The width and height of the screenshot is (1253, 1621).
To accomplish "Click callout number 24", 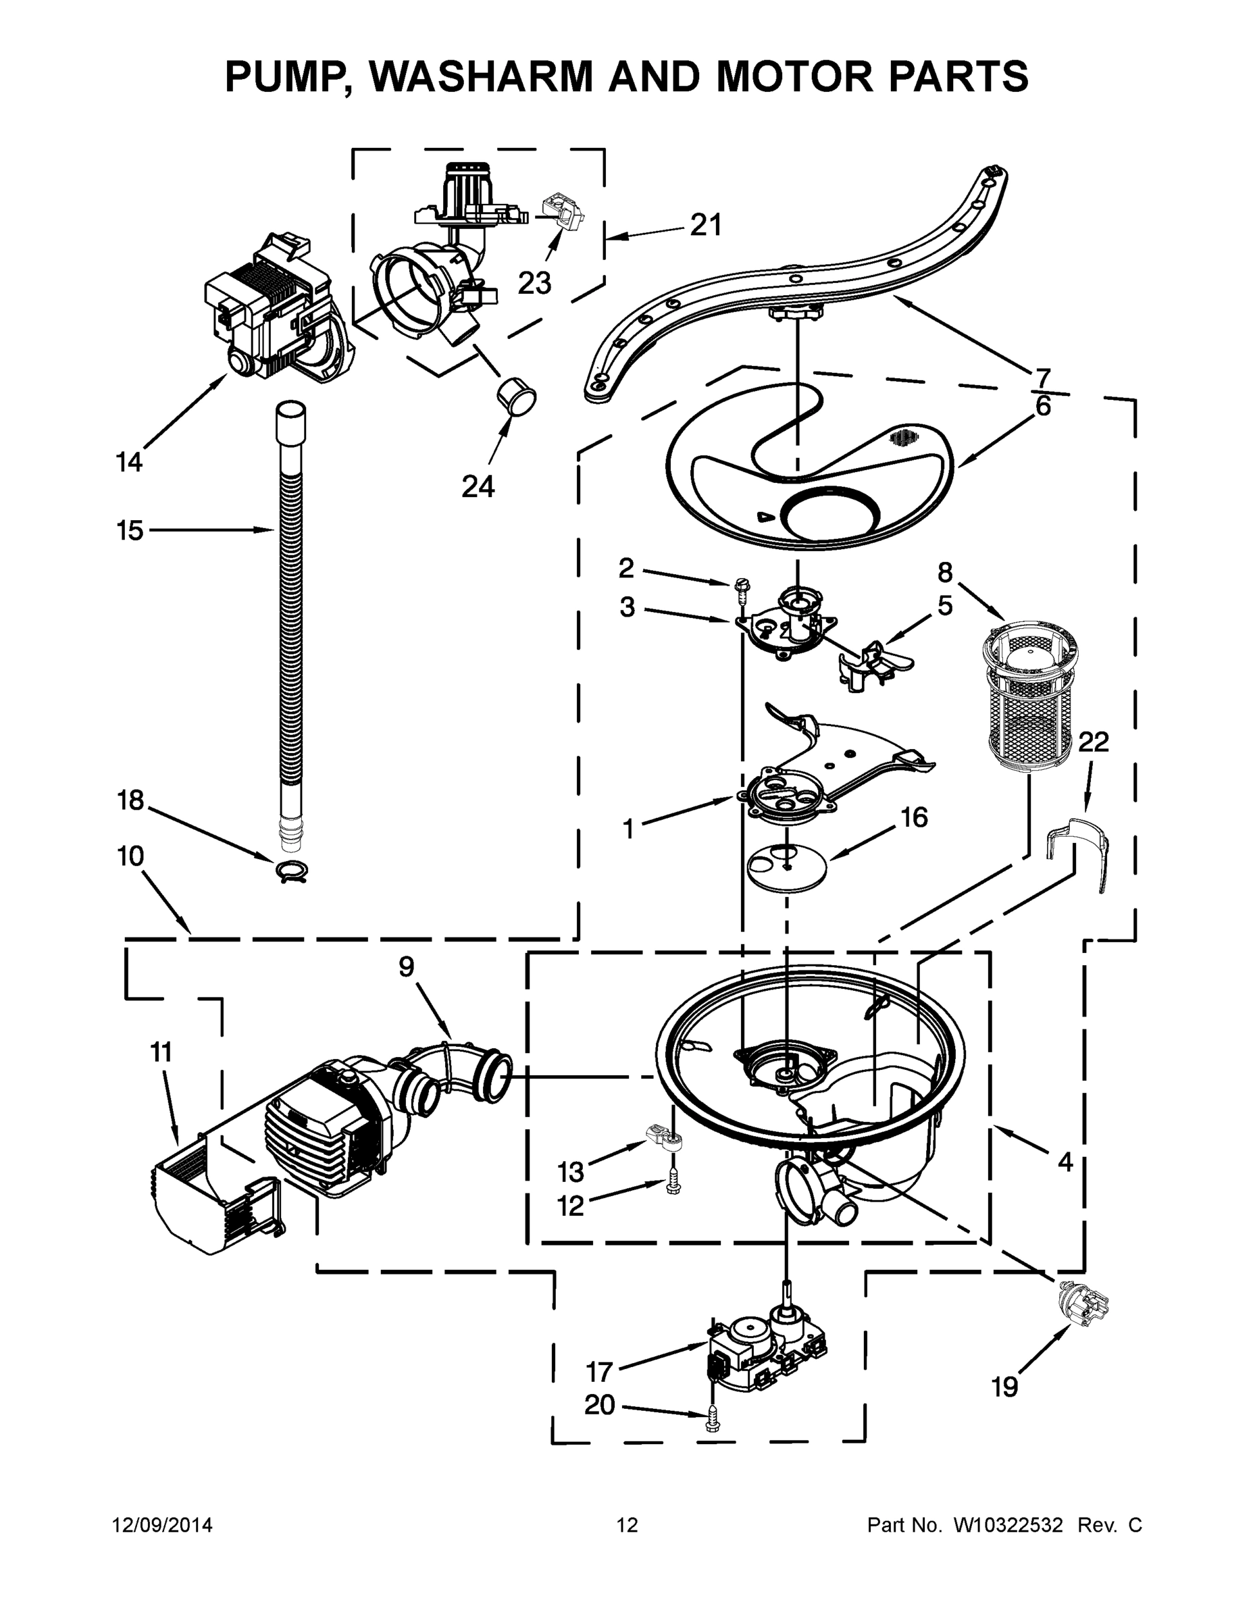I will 478,486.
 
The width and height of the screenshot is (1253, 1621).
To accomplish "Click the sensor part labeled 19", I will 1083,1304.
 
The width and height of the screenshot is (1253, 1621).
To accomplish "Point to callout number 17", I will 600,1372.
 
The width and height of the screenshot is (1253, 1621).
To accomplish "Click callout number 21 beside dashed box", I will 705,225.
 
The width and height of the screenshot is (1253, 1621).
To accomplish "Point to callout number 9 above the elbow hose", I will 406,967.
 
